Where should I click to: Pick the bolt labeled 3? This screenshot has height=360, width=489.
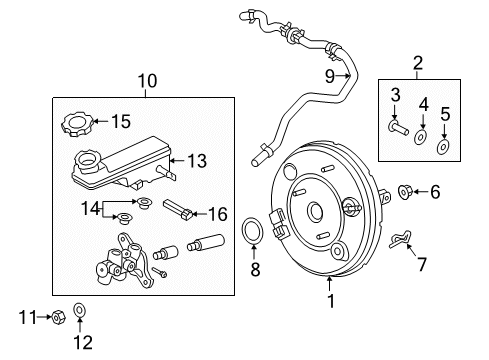click(398, 128)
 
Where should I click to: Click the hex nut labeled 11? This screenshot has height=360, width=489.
click(58, 317)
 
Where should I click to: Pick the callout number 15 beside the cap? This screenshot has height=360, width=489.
click(120, 122)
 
